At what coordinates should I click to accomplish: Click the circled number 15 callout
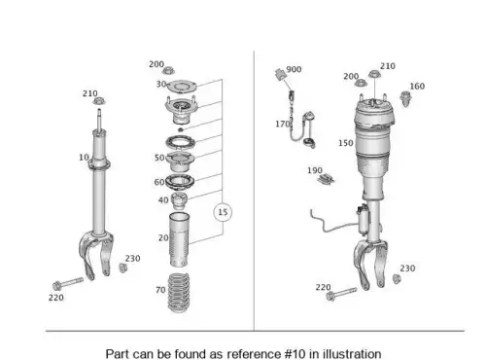[223, 212]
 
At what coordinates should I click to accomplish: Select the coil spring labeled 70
[178, 293]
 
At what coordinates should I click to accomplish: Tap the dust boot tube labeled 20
[179, 240]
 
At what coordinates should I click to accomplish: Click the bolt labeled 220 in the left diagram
[68, 284]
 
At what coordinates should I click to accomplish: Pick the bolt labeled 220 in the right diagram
[341, 294]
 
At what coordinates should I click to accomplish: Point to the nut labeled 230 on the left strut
[122, 268]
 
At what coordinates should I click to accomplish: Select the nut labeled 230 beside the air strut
[397, 278]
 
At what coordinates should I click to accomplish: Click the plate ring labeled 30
[182, 87]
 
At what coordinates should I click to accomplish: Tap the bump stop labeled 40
[179, 200]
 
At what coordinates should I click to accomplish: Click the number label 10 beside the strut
[84, 158]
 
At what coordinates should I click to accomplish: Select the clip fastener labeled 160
[404, 98]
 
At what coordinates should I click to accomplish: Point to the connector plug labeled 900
[280, 74]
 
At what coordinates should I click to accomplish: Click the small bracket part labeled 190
[326, 179]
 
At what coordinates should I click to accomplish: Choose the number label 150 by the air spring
[346, 143]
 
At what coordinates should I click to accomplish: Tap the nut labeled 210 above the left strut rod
[99, 101]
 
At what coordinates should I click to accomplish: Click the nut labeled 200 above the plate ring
[168, 70]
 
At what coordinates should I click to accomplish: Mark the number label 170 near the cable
[283, 124]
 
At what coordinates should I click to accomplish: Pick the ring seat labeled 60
[180, 183]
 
